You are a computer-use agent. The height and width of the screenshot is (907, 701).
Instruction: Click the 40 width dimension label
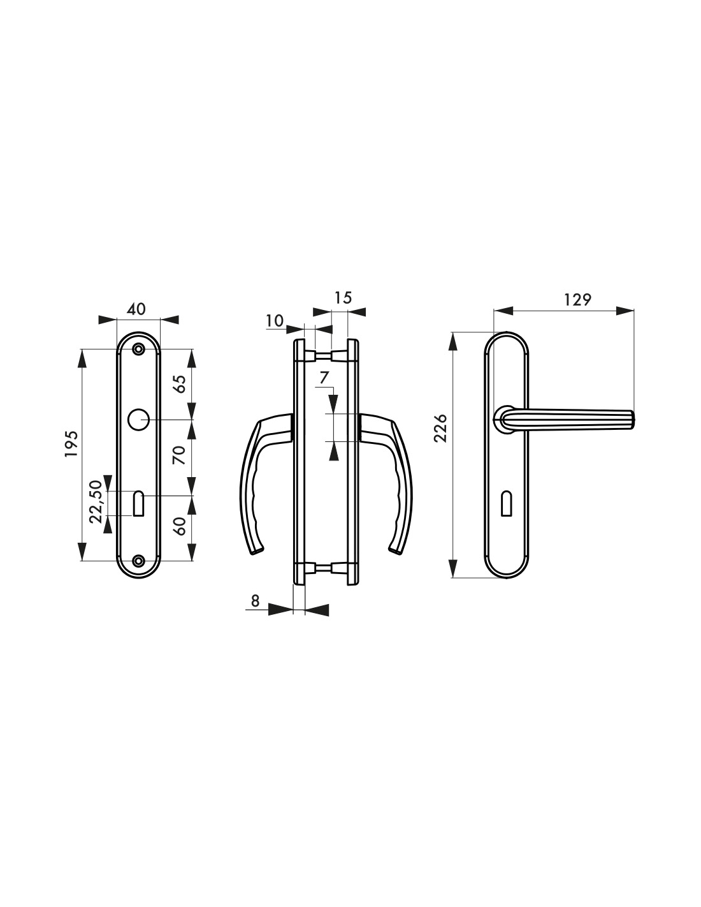pyautogui.click(x=136, y=309)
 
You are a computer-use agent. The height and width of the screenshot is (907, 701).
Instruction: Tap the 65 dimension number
pyautogui.click(x=178, y=383)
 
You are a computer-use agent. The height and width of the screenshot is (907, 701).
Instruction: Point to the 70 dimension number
pyautogui.click(x=178, y=455)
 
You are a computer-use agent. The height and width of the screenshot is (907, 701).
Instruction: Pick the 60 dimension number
pyautogui.click(x=178, y=526)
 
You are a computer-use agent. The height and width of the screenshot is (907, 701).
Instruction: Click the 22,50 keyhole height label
pyautogui.click(x=96, y=502)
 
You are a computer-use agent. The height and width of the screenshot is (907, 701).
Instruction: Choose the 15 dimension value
pyautogui.click(x=343, y=298)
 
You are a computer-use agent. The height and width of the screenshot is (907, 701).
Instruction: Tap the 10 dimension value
pyautogui.click(x=275, y=321)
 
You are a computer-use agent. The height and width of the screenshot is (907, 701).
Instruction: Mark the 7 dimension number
pyautogui.click(x=324, y=378)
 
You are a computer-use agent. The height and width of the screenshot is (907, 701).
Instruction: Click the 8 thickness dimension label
pyautogui.click(x=255, y=601)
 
